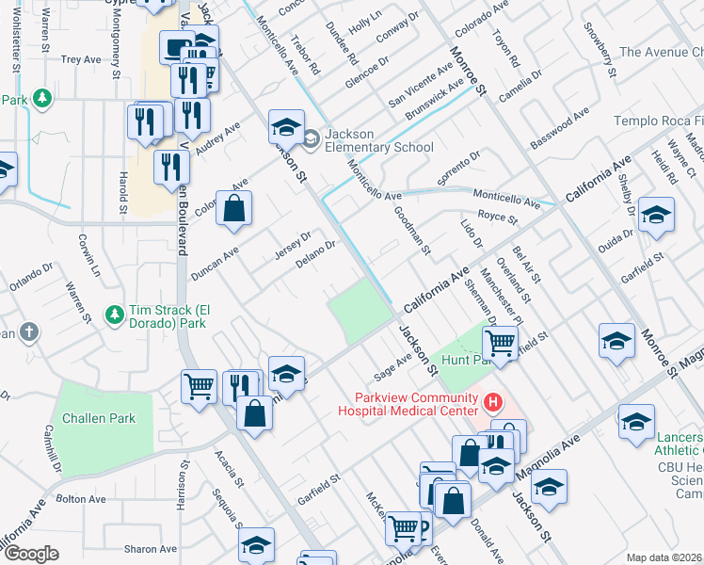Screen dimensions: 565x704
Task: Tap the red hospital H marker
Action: (490, 404)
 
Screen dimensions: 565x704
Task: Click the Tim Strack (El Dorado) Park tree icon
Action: (114, 314)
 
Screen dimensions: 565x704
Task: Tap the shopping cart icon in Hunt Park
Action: (502, 343)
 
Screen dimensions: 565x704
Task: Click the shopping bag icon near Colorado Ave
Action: (233, 209)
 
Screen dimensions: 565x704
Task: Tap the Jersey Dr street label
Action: (292, 242)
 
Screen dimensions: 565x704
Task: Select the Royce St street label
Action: (498, 218)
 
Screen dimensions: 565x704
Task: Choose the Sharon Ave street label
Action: (151, 549)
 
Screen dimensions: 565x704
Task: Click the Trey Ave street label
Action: (80, 58)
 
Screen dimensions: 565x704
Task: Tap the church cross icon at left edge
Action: (29, 332)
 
